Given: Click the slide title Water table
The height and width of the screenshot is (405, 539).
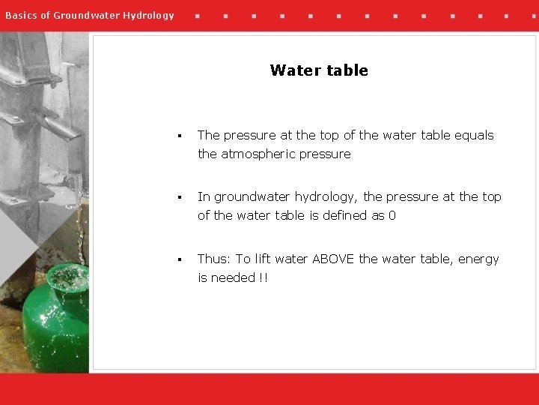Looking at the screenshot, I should (x=319, y=70).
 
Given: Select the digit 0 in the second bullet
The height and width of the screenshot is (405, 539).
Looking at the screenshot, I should (x=392, y=215).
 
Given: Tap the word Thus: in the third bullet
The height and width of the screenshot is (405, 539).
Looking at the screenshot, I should (x=214, y=259).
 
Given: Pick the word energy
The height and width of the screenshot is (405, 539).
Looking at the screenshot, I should (x=478, y=259).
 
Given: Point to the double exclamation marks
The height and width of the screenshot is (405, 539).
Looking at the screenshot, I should (x=263, y=277).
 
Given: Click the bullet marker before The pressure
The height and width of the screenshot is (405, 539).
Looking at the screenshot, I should (x=180, y=136).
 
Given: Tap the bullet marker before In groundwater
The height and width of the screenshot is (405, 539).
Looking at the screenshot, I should (x=180, y=198).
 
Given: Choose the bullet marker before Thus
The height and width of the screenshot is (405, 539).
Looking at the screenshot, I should (x=180, y=260).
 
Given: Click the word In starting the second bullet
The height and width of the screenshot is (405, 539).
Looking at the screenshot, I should (x=204, y=196).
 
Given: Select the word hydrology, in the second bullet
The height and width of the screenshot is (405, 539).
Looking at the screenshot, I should (x=326, y=197).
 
